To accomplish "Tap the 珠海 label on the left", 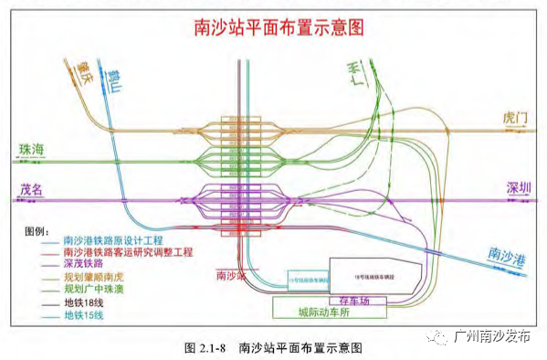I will pyautogui.click(x=32, y=147).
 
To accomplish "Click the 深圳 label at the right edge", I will pyautogui.click(x=520, y=188).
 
